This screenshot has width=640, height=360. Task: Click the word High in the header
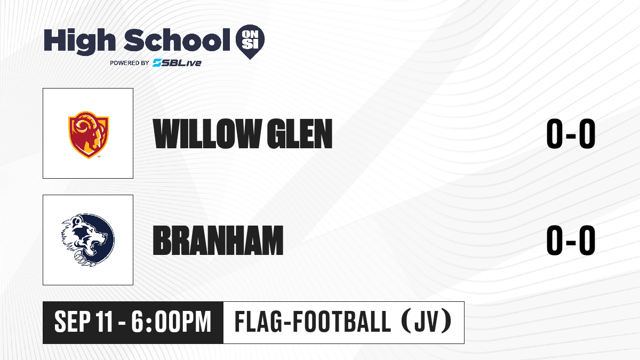coord(79,41)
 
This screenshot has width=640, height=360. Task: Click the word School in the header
coord(177,39)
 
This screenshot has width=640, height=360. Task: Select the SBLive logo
coord(177,62)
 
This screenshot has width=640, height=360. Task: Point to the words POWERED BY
coord(130,63)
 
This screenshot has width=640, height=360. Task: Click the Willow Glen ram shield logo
coord(89,134)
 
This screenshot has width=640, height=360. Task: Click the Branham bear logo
coord(88,240)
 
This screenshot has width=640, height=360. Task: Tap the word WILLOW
coord(206,134)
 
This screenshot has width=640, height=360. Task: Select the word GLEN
coord(299,134)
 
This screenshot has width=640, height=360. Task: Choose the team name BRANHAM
coord(218,240)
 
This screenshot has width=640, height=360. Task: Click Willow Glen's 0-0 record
coord(571,134)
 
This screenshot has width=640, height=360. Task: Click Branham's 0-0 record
coord(571,240)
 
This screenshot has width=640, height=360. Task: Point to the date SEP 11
coord(83,322)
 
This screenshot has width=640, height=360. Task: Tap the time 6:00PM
coord(171,322)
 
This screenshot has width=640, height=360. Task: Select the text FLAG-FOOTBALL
coord(313,322)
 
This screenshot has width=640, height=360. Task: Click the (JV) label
coord(427,322)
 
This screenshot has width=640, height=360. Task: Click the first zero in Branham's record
coord(555,240)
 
